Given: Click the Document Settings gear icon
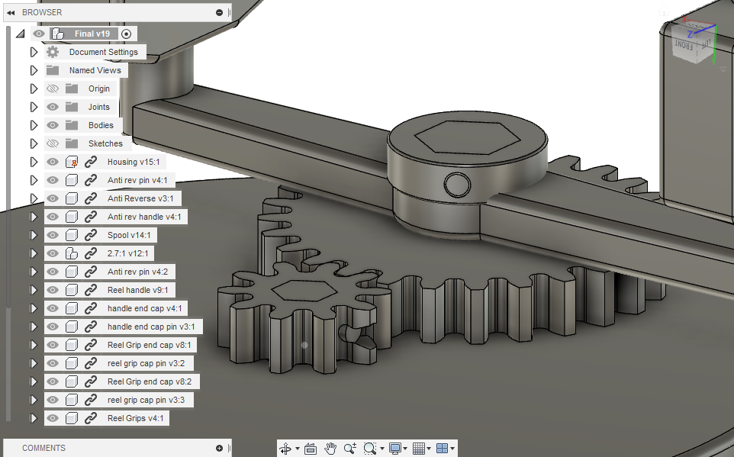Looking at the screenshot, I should point(53,52).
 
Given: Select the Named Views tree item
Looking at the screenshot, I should point(95,70).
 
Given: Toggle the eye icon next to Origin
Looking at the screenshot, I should point(53,89).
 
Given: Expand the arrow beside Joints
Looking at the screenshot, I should point(34,107).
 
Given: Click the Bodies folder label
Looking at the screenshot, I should point(101,125).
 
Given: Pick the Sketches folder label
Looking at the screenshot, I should point(105,143).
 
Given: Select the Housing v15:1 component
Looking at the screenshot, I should point(133,162).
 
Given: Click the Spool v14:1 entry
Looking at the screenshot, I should point(129,235).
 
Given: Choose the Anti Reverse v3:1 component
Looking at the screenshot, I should point(140,198).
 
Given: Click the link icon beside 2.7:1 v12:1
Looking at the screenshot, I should point(91,253).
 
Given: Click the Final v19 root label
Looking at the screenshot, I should point(92,34).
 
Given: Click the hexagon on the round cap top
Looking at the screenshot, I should point(458,137).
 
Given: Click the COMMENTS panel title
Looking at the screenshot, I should point(43,448).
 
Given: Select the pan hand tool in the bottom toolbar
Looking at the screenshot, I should point(330,449).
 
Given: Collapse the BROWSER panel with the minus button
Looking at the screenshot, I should point(220,12).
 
